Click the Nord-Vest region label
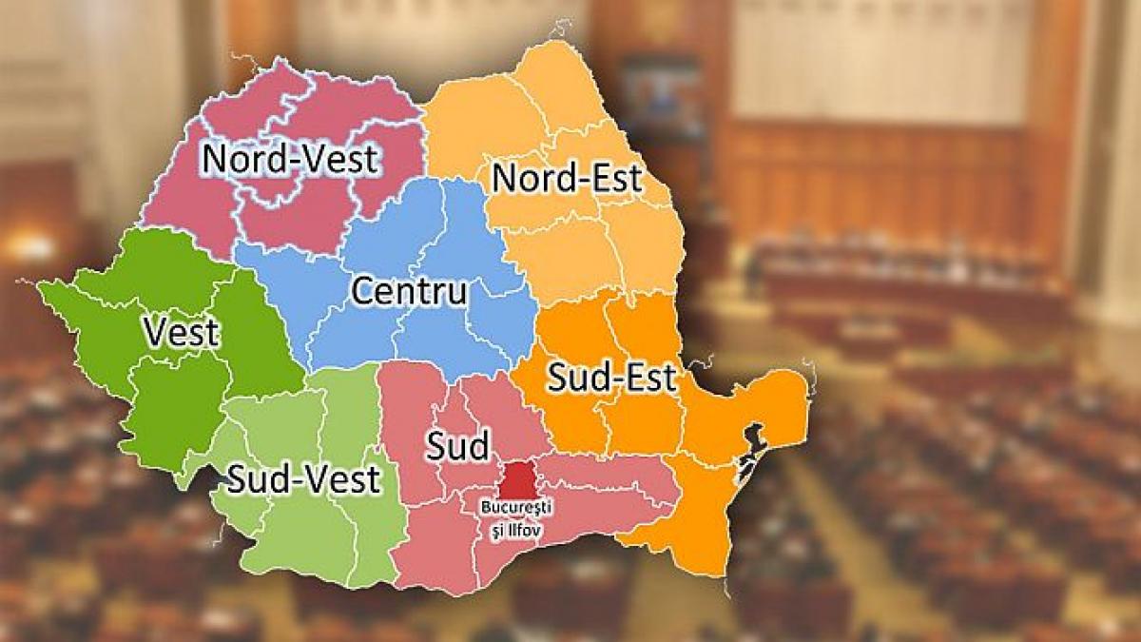(290, 159)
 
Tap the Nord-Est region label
(566, 178)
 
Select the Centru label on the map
(409, 291)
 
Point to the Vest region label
(181, 333)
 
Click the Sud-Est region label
(611, 379)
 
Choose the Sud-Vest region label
(303, 479)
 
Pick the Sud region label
(456, 445)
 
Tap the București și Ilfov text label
(514, 515)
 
